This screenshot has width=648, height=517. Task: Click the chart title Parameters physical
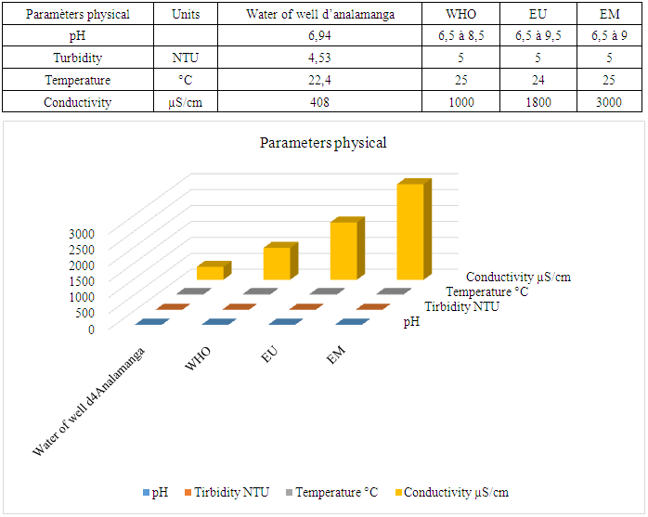(x=323, y=143)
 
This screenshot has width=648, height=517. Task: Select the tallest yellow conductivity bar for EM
(x=409, y=232)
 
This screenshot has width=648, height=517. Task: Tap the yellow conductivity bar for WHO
(x=276, y=264)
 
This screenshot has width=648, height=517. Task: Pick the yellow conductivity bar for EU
(x=343, y=251)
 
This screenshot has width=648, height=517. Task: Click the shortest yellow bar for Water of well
(x=209, y=273)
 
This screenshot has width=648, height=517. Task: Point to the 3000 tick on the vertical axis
(x=82, y=232)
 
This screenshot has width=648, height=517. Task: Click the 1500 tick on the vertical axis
(x=82, y=280)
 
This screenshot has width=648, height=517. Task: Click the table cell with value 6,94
(x=320, y=35)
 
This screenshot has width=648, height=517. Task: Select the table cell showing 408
(x=320, y=102)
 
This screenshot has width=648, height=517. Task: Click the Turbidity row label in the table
(x=78, y=58)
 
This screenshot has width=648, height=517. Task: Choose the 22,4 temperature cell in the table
(x=320, y=80)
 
